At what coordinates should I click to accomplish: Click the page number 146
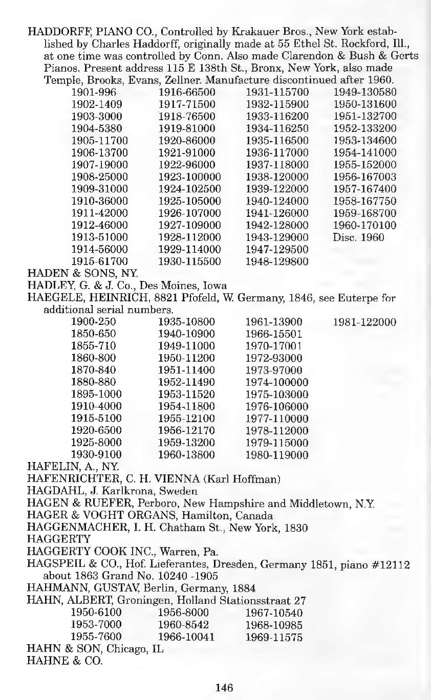coord(224,687)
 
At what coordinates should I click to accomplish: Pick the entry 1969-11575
coord(274,638)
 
